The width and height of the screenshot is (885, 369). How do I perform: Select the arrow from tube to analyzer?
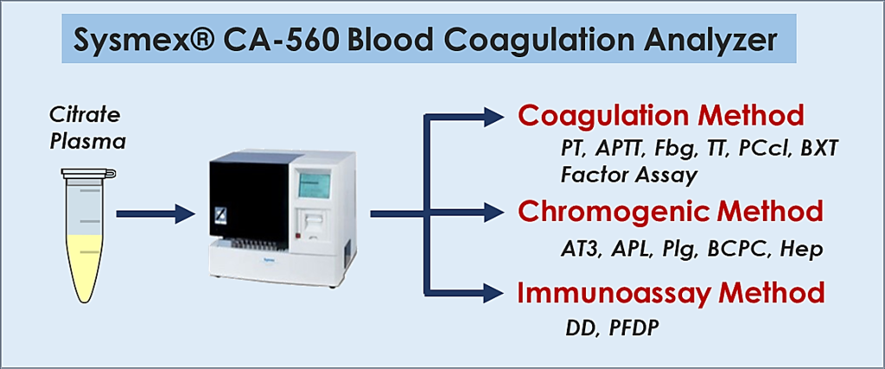pyautogui.click(x=156, y=214)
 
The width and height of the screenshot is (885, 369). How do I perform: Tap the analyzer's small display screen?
pyautogui.click(x=315, y=186)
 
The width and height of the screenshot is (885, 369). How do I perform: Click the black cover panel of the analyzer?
pyautogui.click(x=249, y=199)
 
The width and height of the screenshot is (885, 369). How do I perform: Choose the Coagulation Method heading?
pyautogui.click(x=660, y=116)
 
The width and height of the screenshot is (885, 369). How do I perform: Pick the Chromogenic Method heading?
pyautogui.click(x=670, y=212)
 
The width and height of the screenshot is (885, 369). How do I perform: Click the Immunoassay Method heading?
pyautogui.click(x=671, y=294)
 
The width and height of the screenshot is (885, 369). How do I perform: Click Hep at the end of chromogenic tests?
pyautogui.click(x=799, y=251)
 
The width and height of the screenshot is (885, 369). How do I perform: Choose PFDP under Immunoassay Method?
pyautogui.click(x=634, y=328)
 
